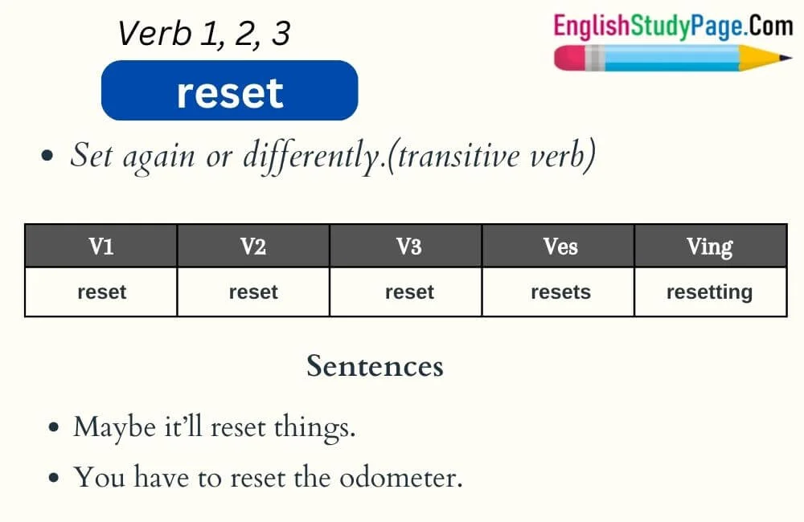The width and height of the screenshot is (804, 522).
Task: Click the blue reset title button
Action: (229, 92)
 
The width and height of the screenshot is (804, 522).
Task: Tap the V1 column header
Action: (100, 247)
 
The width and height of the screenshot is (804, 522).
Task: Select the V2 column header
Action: (253, 247)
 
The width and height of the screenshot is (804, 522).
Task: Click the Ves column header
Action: (560, 247)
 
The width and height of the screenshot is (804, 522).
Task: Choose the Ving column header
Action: (709, 247)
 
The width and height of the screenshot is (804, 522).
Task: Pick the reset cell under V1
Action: (101, 292)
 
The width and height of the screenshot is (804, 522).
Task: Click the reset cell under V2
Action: (253, 292)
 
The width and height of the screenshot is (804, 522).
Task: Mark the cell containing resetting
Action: (709, 292)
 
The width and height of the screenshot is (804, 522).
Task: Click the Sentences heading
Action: (375, 366)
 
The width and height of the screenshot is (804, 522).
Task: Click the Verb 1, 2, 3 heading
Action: (203, 34)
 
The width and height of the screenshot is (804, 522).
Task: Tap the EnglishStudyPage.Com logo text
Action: (673, 27)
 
